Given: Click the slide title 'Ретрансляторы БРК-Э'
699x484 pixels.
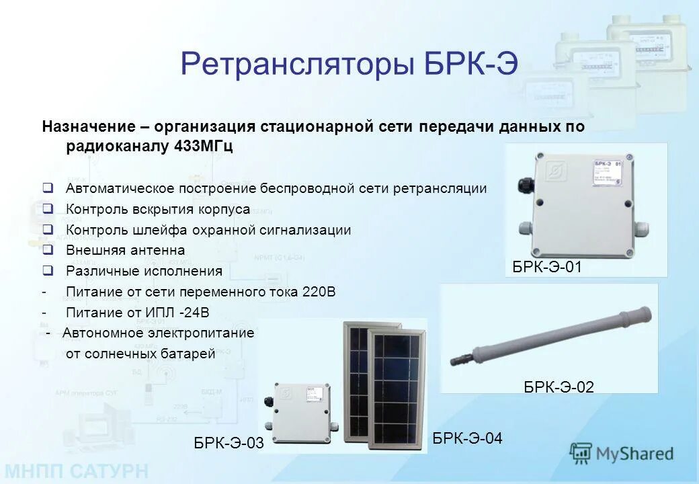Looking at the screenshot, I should pos(349,65).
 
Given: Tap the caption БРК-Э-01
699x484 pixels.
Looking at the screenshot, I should pos(546,268).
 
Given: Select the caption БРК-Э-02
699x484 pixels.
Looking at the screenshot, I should pos(559,387).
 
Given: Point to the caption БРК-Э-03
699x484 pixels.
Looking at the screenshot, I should pos(229,443).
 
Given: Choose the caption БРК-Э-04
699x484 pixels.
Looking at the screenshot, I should pos(467,438).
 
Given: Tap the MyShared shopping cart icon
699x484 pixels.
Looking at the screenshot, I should pos(581,454).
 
